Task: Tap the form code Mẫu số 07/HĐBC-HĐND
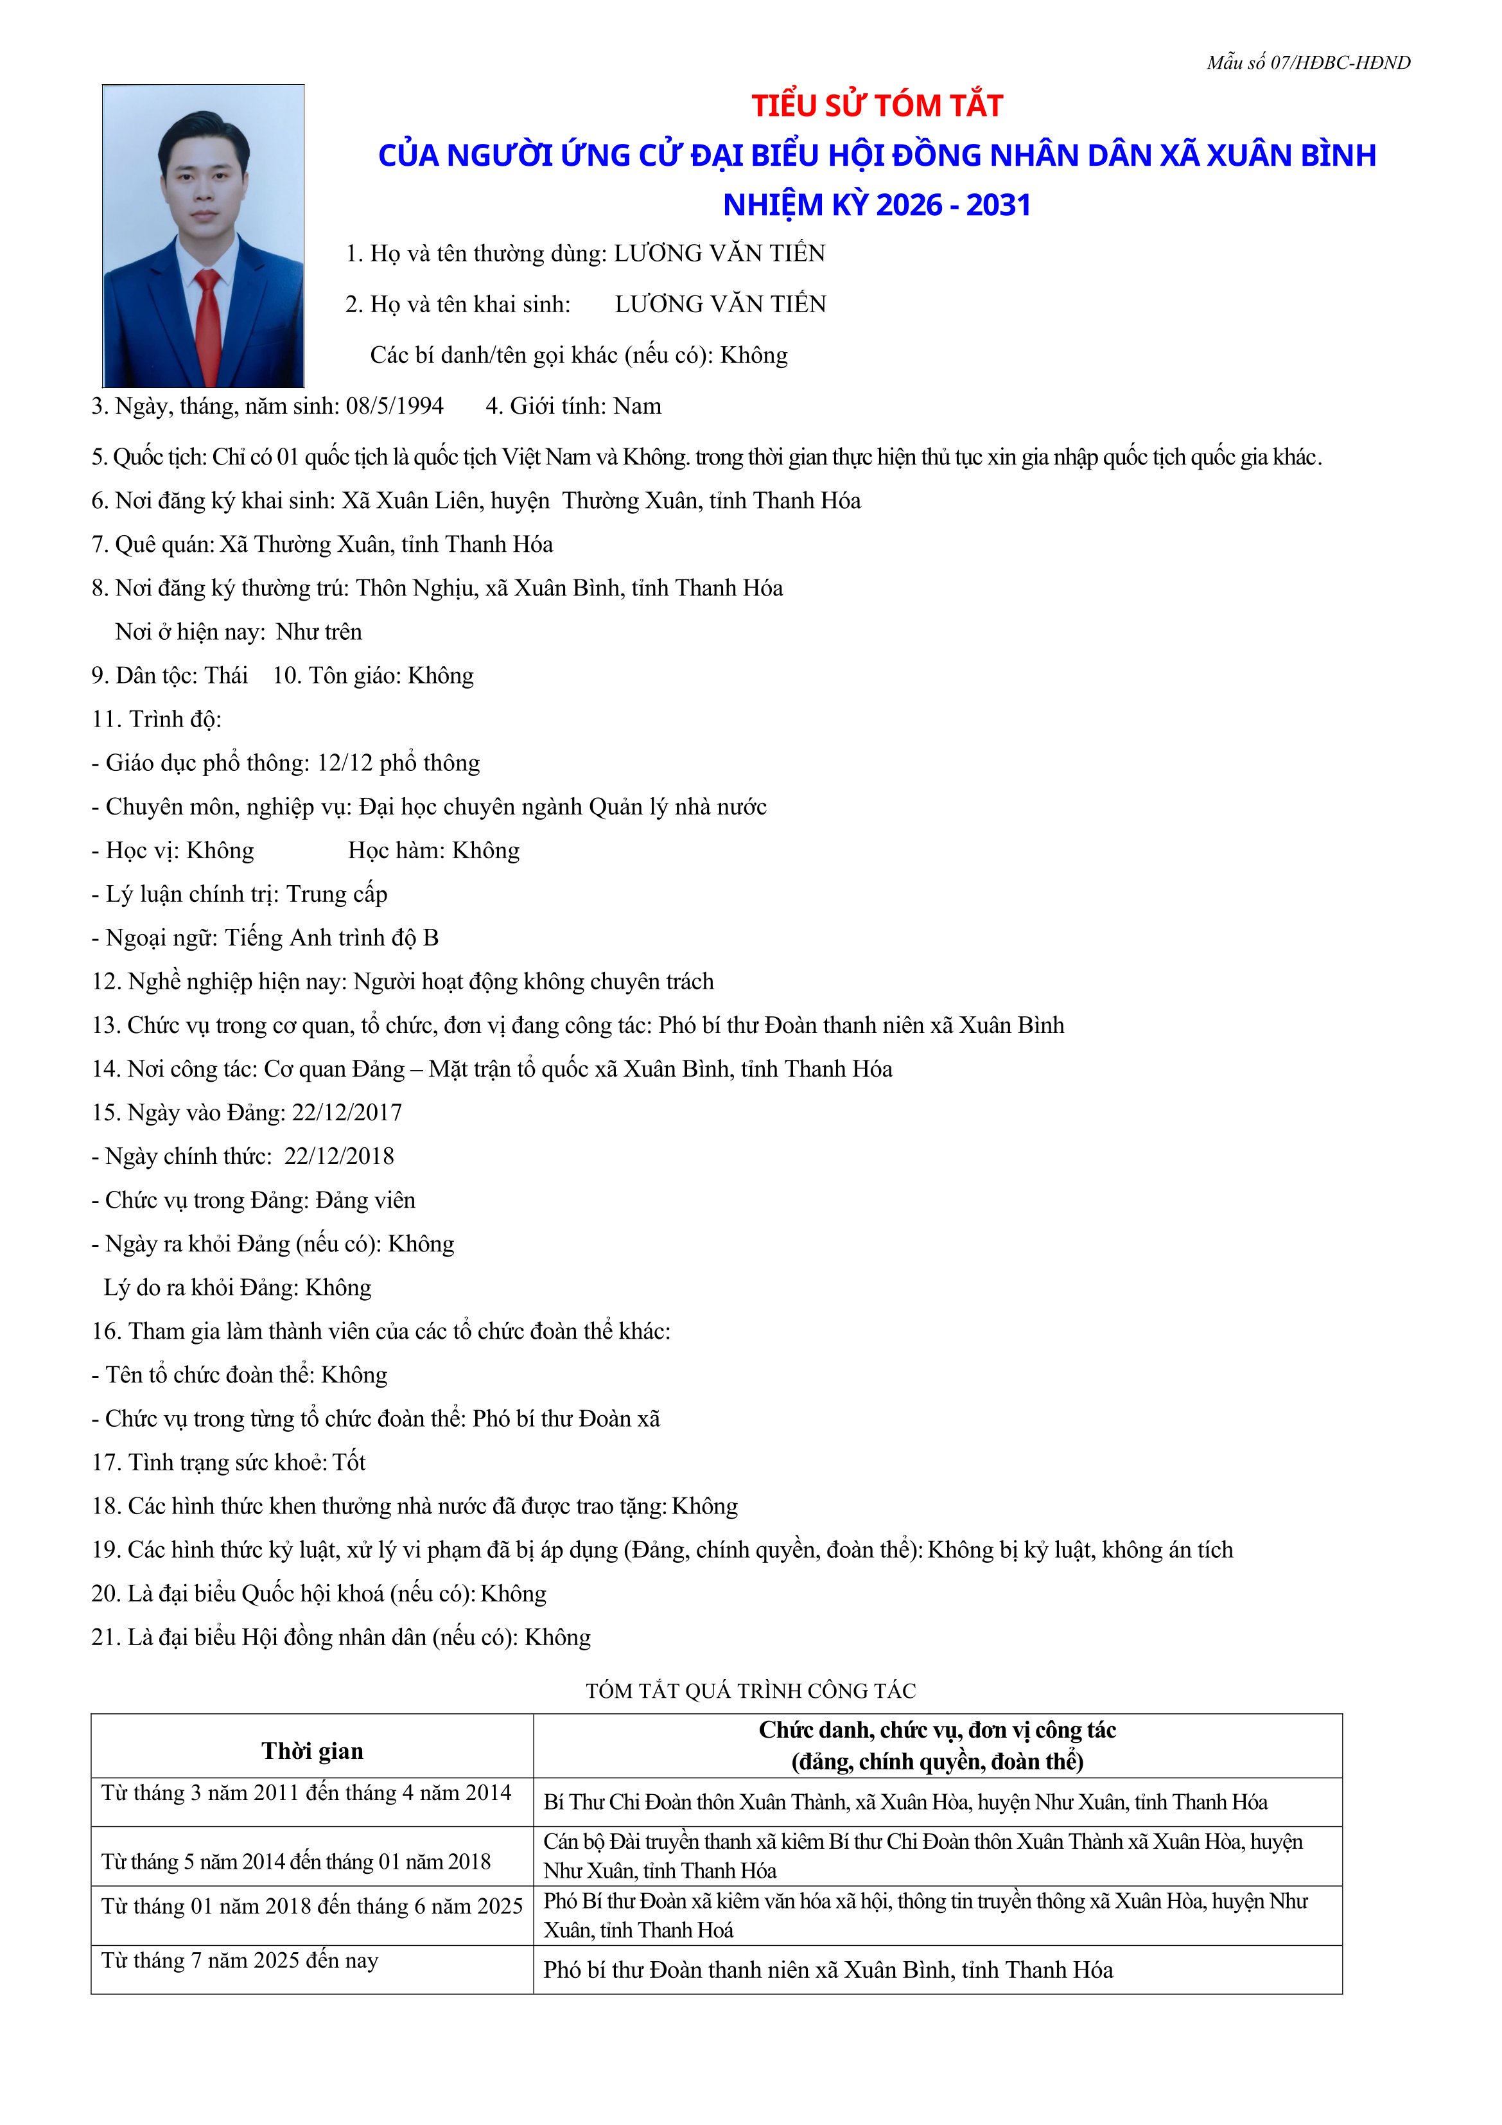pos(1307,63)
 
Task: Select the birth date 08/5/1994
pos(395,406)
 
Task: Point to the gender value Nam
pos(638,406)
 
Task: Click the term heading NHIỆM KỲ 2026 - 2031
pos(877,204)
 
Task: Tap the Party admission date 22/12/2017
pos(347,1113)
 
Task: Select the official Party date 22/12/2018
pos(338,1156)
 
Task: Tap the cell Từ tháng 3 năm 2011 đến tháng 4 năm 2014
pos(306,1794)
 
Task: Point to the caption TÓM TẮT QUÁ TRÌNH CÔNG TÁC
pos(751,1691)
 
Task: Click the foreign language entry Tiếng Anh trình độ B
pos(332,937)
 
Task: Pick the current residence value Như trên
pos(319,632)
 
